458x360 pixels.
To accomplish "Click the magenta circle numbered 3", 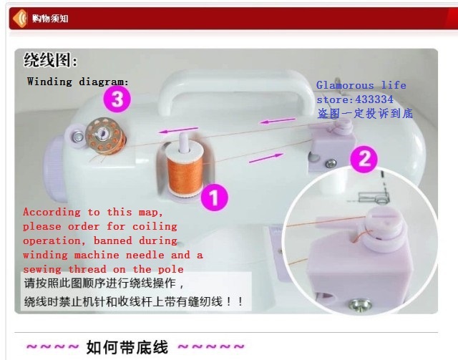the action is click(117, 99).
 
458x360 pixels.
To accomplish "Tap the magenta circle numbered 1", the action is click(215, 198).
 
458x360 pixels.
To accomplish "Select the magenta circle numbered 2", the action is click(364, 159).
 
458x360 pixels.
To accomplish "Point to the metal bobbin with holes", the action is click(106, 135).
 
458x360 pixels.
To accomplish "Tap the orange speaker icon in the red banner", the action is click(20, 19).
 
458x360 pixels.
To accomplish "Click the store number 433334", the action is click(374, 99).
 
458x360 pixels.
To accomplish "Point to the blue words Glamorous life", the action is click(361, 85).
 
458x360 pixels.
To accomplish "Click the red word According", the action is click(52, 212).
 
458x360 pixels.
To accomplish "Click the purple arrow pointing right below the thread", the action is click(265, 158).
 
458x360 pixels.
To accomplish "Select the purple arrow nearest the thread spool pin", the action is click(178, 130).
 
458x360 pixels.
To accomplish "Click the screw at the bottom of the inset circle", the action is click(360, 305).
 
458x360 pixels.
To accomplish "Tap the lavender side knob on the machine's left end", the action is click(54, 170).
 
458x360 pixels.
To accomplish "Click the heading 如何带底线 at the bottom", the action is click(127, 347).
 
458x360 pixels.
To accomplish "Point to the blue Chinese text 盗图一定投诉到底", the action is click(365, 113).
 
